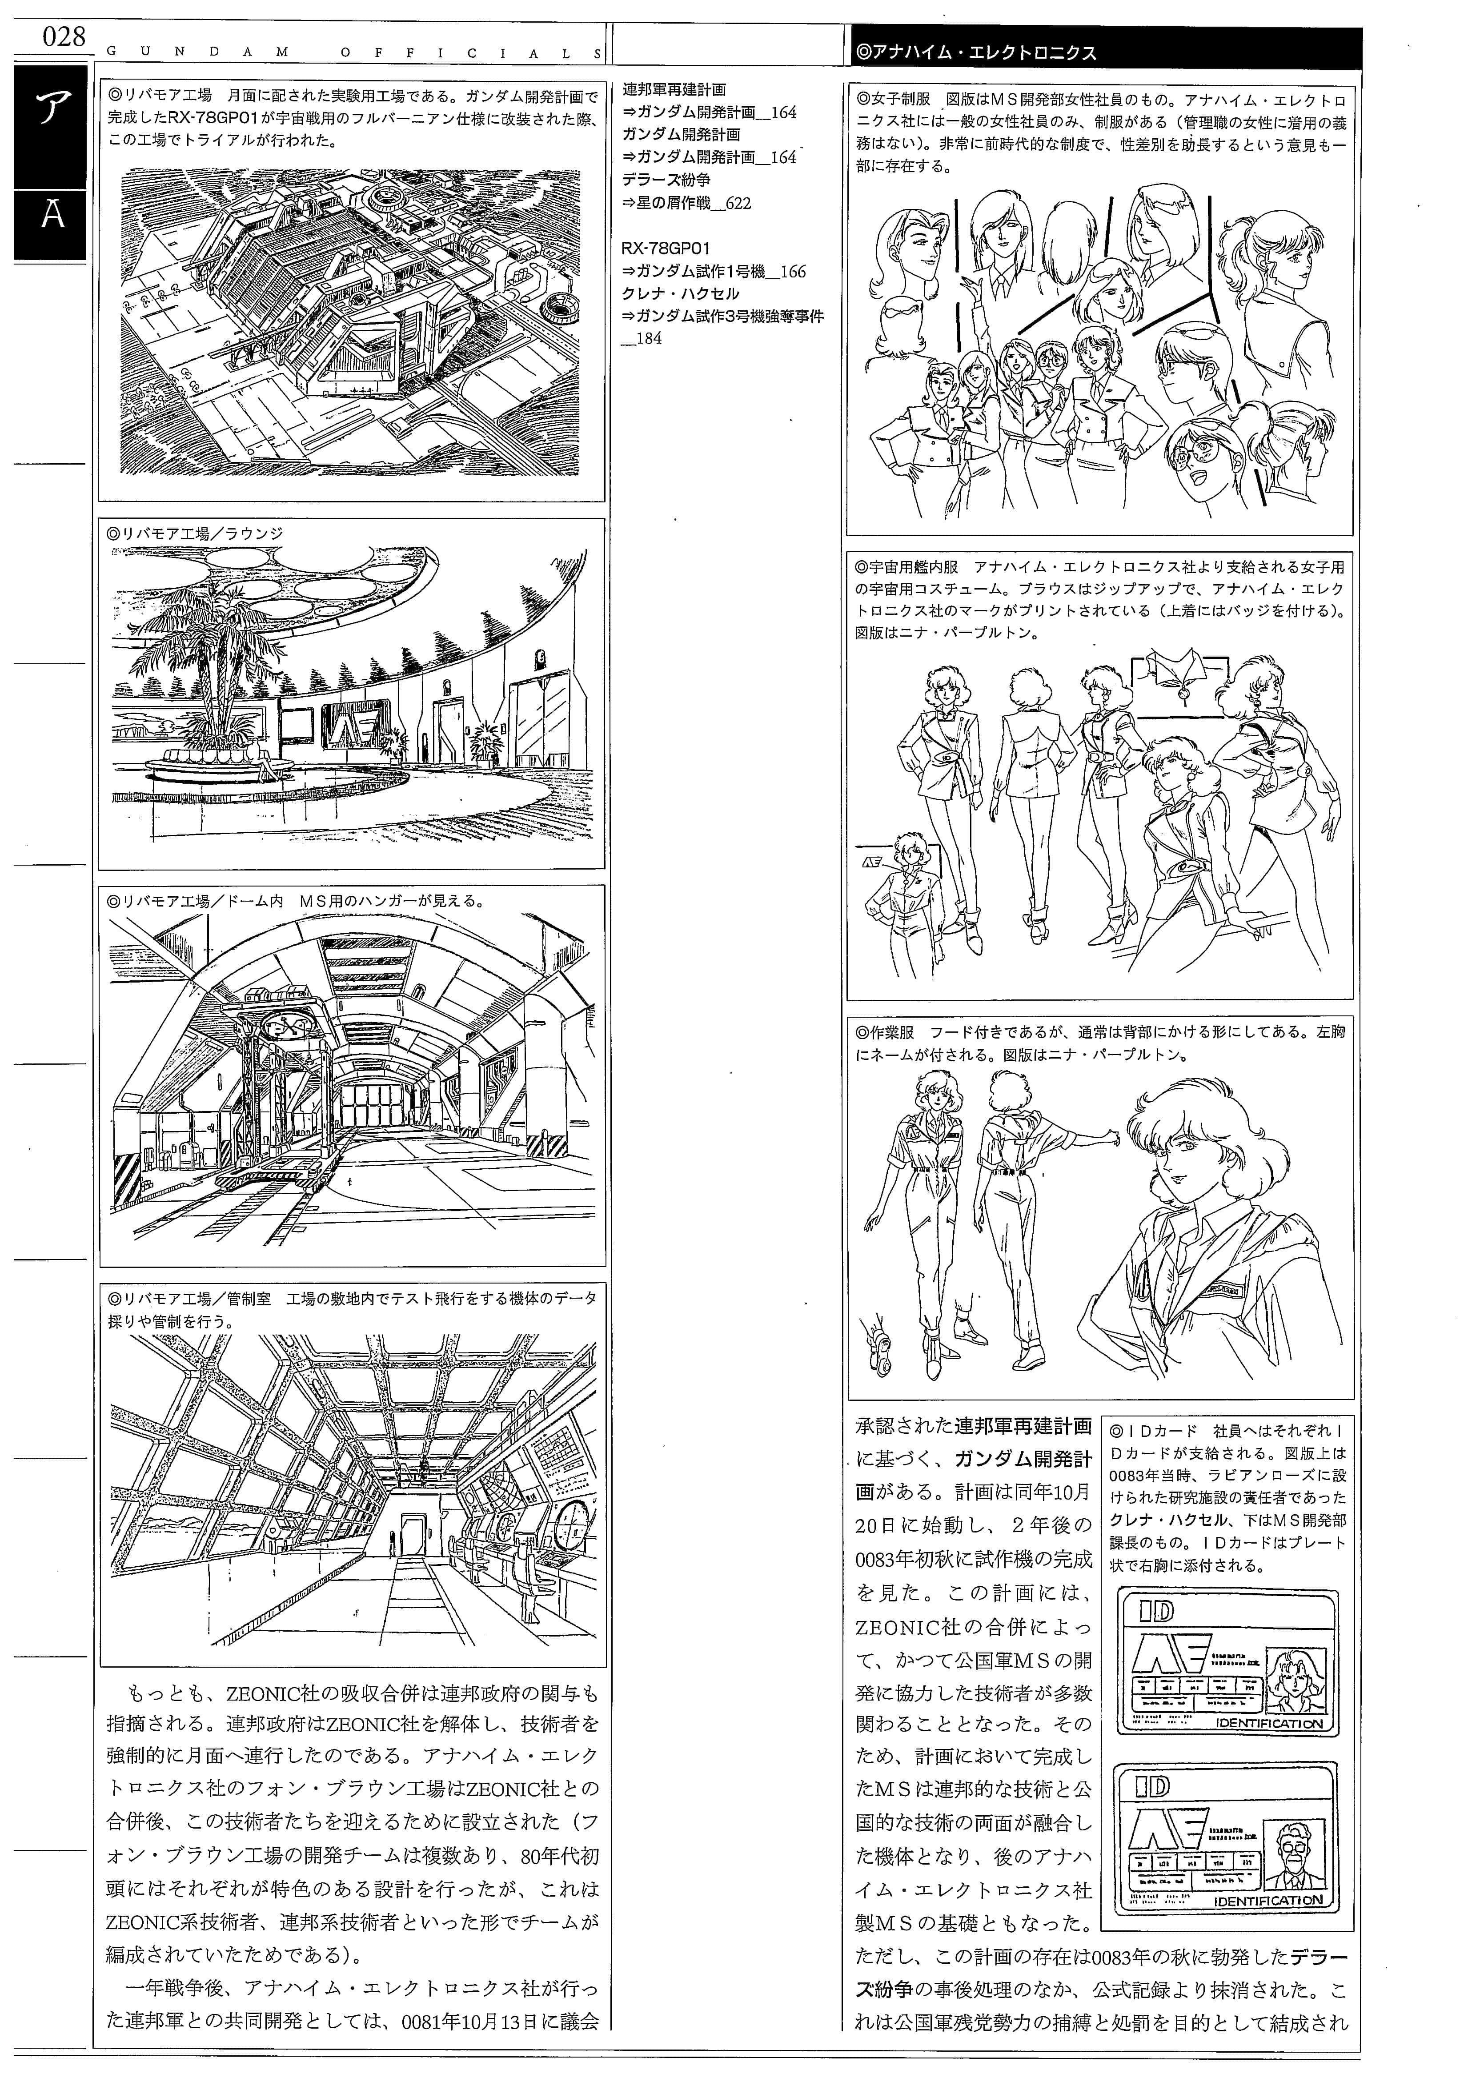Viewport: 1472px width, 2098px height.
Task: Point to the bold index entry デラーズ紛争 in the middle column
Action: pyautogui.click(x=666, y=180)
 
